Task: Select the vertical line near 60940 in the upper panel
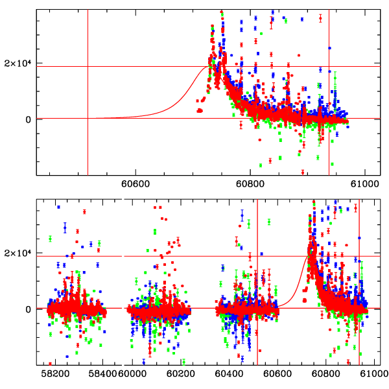329,149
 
